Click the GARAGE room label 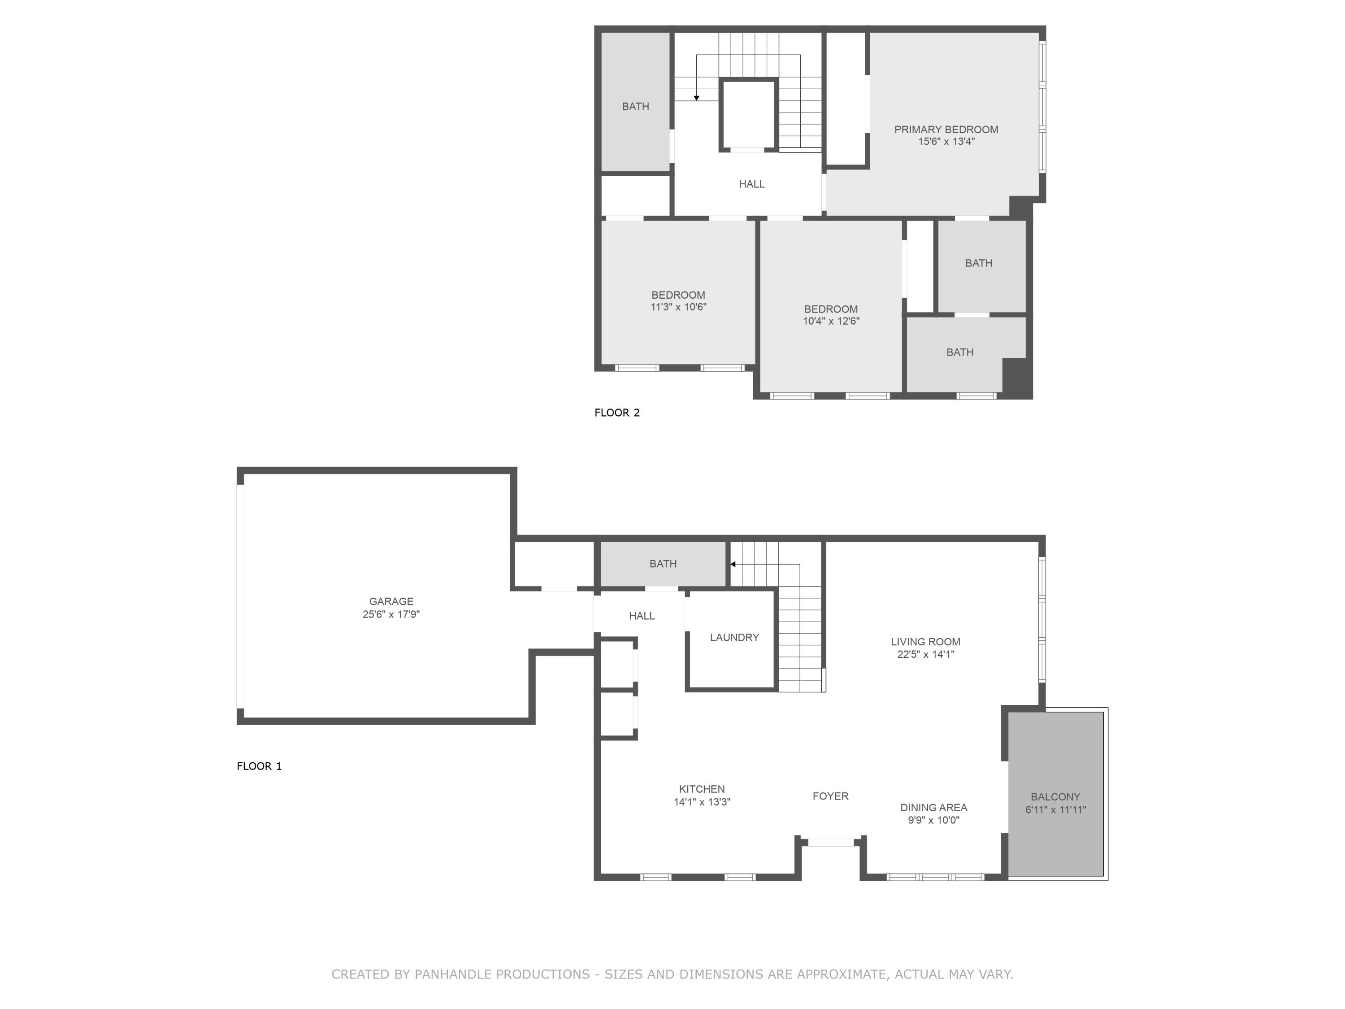click(x=391, y=601)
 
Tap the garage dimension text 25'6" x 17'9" click(x=391, y=614)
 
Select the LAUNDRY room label click(x=734, y=637)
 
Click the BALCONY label click(x=1055, y=797)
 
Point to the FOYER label click(x=830, y=796)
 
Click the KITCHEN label click(x=702, y=789)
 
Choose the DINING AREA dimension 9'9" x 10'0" click(x=933, y=820)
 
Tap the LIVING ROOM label click(x=925, y=642)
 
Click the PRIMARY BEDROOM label click(x=946, y=130)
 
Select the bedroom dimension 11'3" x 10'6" click(x=678, y=307)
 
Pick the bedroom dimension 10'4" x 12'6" click(x=831, y=321)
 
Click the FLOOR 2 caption click(x=616, y=413)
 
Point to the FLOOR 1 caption click(x=259, y=766)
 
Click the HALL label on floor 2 click(x=751, y=184)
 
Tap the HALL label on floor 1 click(x=642, y=616)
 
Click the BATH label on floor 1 click(x=662, y=564)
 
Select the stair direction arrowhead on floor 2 click(x=696, y=98)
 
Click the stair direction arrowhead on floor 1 click(x=733, y=565)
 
